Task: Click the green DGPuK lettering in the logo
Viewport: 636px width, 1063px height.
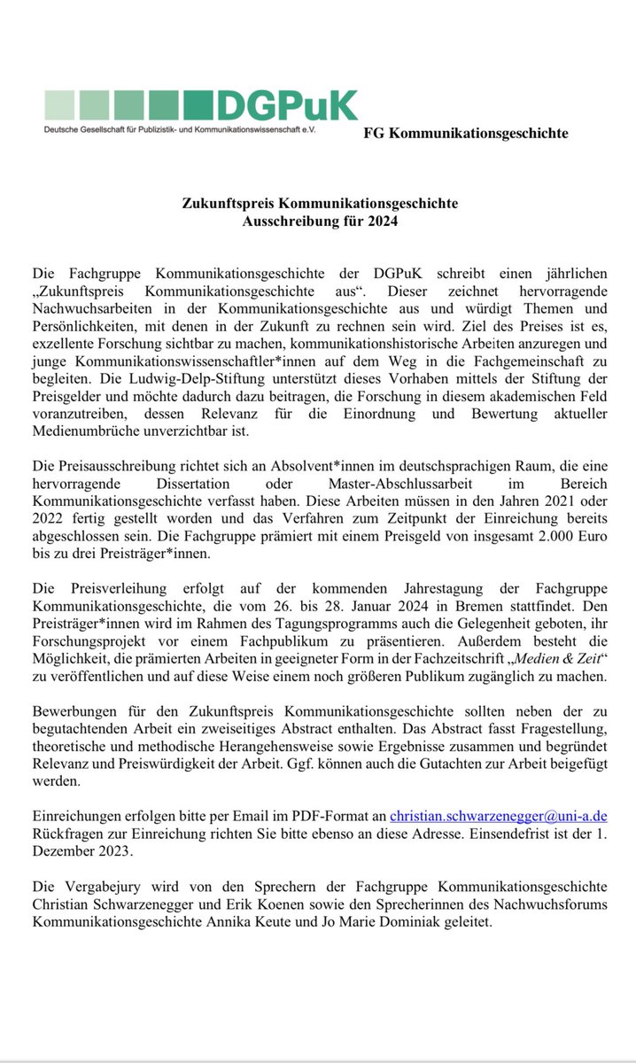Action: tap(287, 105)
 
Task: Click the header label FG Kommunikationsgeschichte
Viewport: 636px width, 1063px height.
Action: tap(466, 134)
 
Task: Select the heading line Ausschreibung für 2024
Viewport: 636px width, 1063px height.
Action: tap(320, 221)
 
